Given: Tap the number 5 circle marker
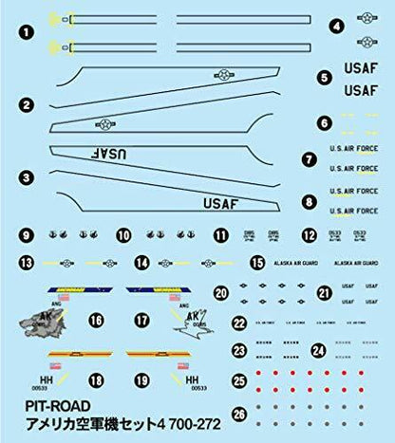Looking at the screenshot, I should [324, 78].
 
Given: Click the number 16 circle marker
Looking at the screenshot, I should [95, 321].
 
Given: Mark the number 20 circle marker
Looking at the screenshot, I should [221, 294].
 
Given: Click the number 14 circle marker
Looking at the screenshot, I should [141, 263].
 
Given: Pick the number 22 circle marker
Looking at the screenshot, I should [239, 323].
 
